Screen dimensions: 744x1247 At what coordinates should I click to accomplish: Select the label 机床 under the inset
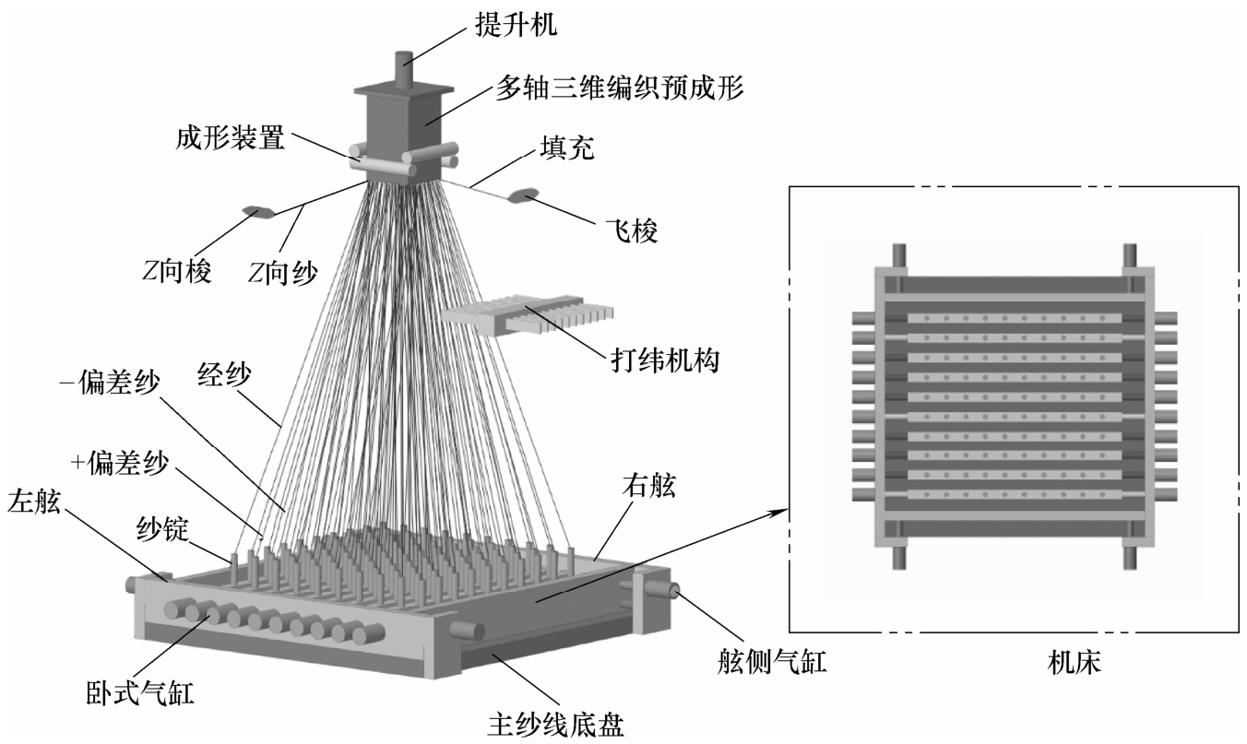click(1074, 663)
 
